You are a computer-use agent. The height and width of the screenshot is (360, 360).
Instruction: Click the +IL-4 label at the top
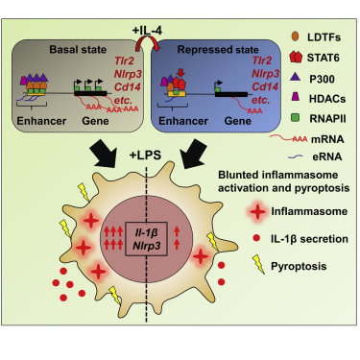click(x=147, y=31)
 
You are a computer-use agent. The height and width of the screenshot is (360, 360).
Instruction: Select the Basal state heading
click(x=78, y=50)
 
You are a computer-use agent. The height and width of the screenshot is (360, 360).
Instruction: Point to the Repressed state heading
click(x=218, y=50)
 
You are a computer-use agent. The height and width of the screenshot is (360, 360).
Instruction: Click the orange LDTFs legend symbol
click(x=296, y=36)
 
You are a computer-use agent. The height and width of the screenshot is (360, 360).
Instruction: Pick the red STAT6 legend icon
click(x=296, y=57)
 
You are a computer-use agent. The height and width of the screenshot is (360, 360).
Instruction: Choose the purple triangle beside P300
click(x=296, y=77)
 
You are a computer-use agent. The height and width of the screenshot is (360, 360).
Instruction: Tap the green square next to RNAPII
click(x=296, y=118)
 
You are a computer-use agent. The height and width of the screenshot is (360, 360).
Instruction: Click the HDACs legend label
click(x=327, y=99)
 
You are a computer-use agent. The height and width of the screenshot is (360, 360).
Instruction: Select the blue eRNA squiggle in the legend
click(x=296, y=156)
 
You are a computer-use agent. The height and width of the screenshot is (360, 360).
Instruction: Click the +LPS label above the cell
click(x=145, y=156)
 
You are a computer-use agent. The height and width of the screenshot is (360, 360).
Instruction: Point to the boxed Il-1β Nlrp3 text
click(x=147, y=239)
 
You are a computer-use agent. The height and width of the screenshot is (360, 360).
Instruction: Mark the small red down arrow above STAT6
click(x=180, y=73)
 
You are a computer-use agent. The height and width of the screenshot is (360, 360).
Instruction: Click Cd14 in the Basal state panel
click(x=128, y=86)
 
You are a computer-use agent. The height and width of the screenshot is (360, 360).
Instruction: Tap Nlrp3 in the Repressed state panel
click(x=265, y=74)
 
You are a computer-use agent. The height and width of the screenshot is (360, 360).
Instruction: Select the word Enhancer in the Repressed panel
click(x=183, y=121)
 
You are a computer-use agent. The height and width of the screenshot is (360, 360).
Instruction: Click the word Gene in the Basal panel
click(x=95, y=121)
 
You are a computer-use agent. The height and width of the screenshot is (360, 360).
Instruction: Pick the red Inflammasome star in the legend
click(x=258, y=211)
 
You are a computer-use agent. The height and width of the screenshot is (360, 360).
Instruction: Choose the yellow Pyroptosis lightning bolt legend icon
click(x=259, y=265)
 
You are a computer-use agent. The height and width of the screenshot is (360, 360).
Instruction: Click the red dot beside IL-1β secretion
click(x=256, y=238)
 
